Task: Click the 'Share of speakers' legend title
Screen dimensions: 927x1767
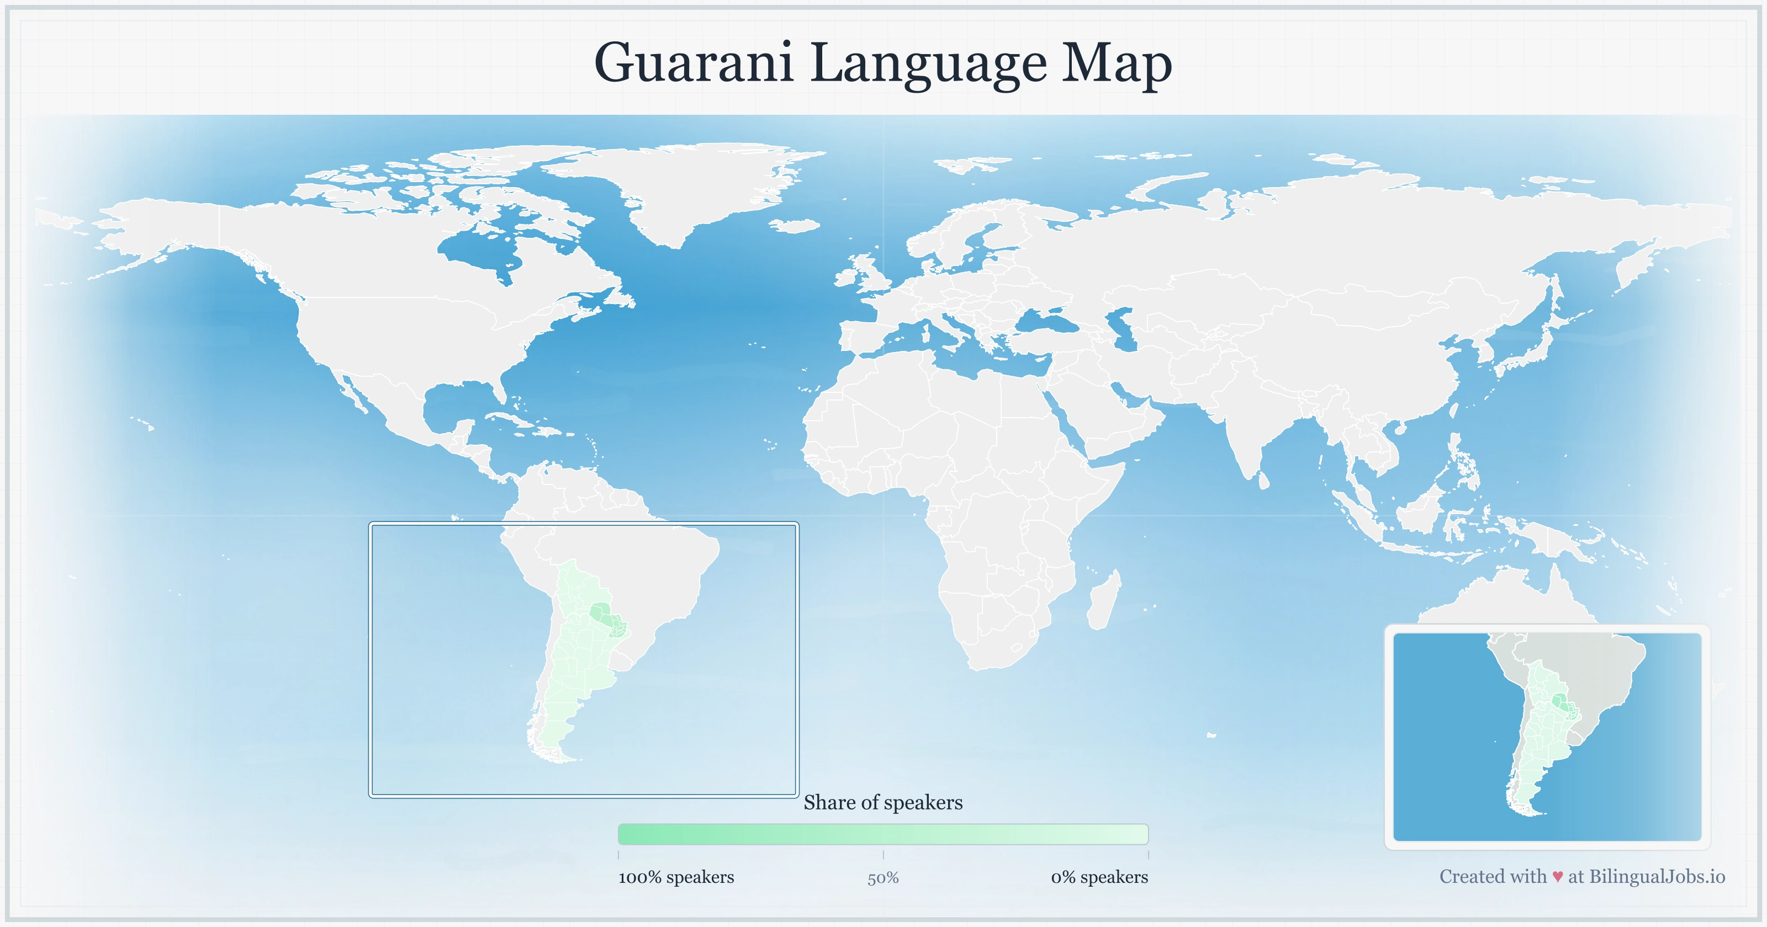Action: click(883, 802)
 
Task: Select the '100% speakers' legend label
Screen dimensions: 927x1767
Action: click(676, 877)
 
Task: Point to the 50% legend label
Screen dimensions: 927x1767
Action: click(883, 878)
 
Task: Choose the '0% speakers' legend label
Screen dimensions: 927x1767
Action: click(1099, 877)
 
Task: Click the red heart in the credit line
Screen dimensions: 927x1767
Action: click(1558, 877)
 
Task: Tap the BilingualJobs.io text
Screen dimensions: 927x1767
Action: click(1657, 876)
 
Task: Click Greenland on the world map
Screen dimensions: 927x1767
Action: click(686, 185)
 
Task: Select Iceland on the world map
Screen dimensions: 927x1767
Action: click(796, 225)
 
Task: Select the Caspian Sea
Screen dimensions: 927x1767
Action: click(1124, 329)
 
